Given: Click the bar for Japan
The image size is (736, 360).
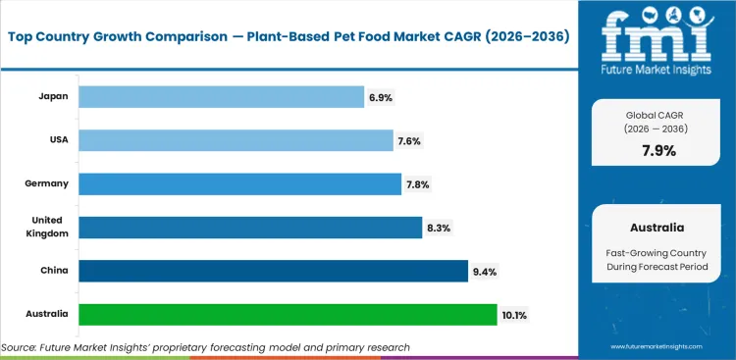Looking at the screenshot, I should tap(221, 96).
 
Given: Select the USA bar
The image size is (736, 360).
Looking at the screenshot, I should tap(236, 140).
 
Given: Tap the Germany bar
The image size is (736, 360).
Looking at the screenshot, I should tap(239, 183).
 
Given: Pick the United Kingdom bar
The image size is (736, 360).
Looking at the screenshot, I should tap(249, 227).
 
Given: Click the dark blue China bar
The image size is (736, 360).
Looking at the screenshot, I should tap(273, 270).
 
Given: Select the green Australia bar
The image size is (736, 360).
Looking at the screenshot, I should tap(288, 314).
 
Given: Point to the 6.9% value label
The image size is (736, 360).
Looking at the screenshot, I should tap(381, 96).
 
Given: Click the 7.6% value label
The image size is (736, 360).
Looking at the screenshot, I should tap(410, 140).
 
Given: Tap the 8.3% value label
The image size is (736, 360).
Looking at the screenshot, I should tap(438, 227).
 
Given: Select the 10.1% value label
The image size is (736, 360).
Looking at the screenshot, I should tap(514, 314).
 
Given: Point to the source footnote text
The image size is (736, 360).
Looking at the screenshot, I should tap(206, 347).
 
